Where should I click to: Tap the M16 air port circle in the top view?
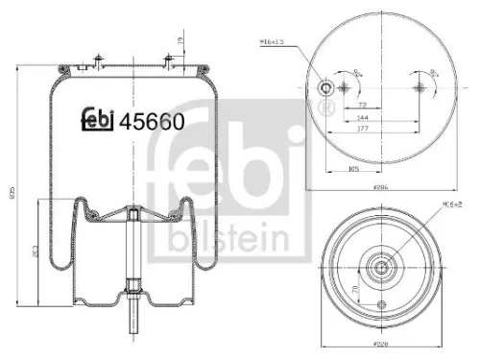coord(326,88)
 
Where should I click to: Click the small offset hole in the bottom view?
coord(383,305)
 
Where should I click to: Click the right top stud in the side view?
coord(169,59)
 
